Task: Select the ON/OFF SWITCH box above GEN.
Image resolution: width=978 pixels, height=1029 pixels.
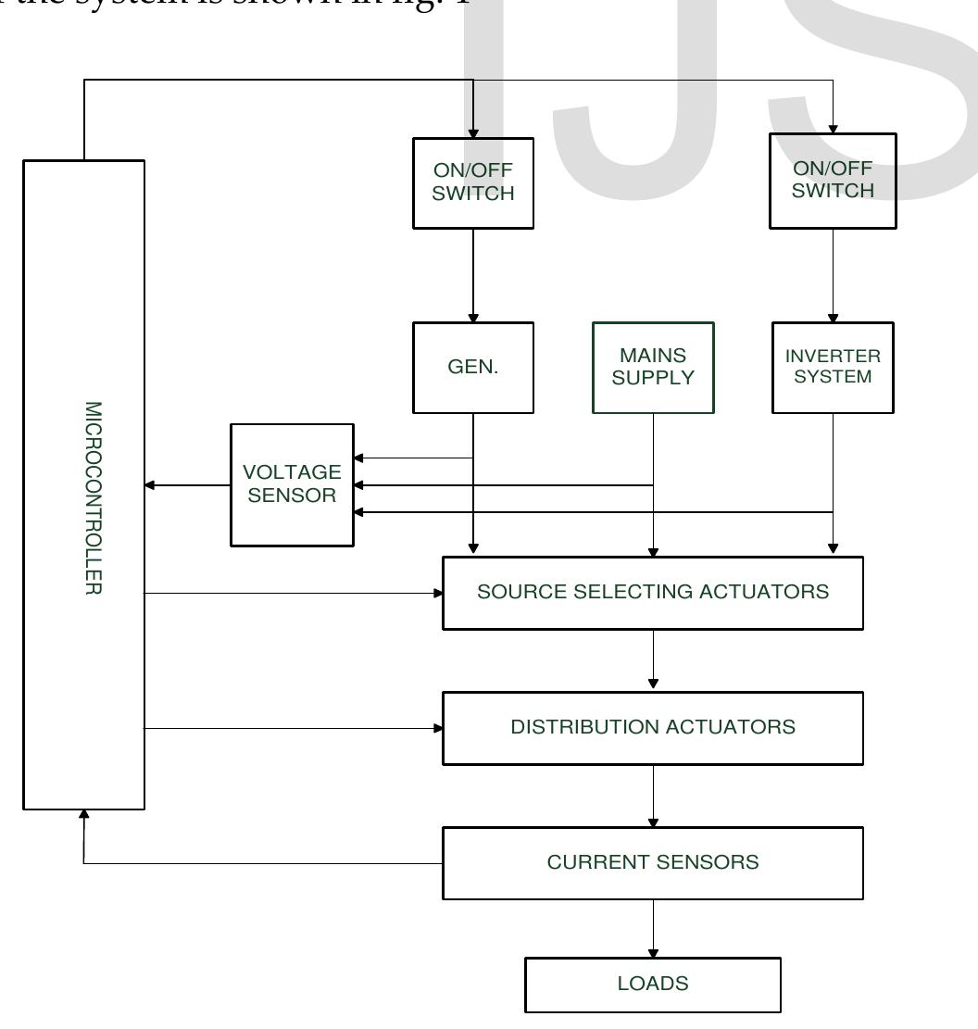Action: pyautogui.click(x=473, y=182)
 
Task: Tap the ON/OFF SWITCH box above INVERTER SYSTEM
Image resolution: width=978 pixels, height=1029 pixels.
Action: pyautogui.click(x=833, y=181)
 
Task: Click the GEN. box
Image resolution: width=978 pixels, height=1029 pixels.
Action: pyautogui.click(x=473, y=367)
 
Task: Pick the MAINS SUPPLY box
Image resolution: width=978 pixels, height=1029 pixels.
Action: pyautogui.click(x=653, y=367)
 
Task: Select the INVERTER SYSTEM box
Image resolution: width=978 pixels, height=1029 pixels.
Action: pyautogui.click(x=833, y=367)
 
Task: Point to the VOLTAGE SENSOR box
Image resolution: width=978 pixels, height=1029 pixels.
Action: pyautogui.click(x=292, y=484)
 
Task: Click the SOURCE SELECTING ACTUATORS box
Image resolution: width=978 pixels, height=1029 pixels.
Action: pyautogui.click(x=653, y=593)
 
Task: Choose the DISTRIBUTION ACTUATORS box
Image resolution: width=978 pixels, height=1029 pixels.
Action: pyautogui.click(x=653, y=728)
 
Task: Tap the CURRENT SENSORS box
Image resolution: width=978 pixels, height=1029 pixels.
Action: pyautogui.click(x=653, y=863)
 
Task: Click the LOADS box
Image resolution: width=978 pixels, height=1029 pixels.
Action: pyautogui.click(x=653, y=985)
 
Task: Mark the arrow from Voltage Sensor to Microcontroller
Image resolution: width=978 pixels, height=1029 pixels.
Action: pyautogui.click(x=188, y=484)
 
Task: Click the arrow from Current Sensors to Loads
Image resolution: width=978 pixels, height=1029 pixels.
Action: pyautogui.click(x=653, y=928)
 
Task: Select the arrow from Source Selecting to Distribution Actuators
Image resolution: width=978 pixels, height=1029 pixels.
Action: pyautogui.click(x=653, y=659)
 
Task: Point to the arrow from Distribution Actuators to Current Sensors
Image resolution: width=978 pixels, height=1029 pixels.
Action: pyautogui.click(x=653, y=795)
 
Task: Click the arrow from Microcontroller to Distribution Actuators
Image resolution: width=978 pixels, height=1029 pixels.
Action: pyautogui.click(x=294, y=728)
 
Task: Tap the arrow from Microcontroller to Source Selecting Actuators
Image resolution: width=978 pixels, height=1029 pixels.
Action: pyautogui.click(x=294, y=593)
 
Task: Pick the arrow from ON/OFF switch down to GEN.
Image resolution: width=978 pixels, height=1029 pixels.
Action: pyautogui.click(x=473, y=274)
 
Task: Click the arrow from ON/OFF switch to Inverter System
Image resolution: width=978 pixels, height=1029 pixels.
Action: pyautogui.click(x=833, y=274)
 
